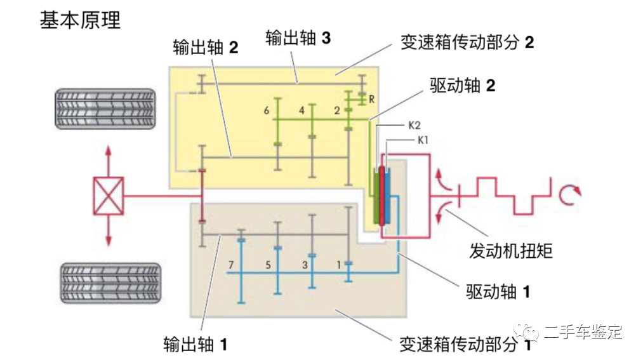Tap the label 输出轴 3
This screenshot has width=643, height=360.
[x=298, y=37]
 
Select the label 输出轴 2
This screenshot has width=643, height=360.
[x=205, y=47]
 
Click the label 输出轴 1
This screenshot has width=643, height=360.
[x=195, y=344]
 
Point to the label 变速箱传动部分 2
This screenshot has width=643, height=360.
[x=467, y=42]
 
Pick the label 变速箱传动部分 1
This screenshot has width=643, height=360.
[x=465, y=345]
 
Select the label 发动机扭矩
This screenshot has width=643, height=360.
[x=511, y=250]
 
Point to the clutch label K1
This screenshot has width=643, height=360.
[x=423, y=140]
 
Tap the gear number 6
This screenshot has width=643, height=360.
[x=267, y=110]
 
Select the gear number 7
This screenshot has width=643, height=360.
[x=232, y=263]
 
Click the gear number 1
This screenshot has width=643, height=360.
[x=339, y=263]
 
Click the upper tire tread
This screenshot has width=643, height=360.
[x=105, y=109]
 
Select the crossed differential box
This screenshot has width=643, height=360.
[x=109, y=196]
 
